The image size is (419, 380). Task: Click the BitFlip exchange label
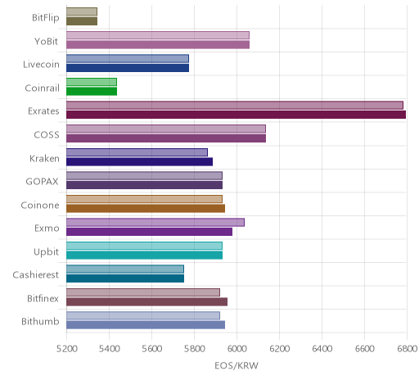(46, 18)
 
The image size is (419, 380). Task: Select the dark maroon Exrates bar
(236, 115)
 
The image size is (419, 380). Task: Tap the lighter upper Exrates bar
(235, 106)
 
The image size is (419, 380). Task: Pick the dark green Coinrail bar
(92, 92)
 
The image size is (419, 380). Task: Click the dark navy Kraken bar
(139, 161)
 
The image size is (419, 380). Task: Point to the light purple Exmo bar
(155, 223)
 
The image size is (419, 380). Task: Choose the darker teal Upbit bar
(144, 256)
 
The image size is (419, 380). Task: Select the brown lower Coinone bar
(146, 208)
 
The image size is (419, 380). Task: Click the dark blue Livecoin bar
(128, 68)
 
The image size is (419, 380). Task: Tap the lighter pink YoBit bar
(158, 35)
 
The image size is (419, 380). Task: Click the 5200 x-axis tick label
(67, 349)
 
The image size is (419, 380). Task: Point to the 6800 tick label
(407, 349)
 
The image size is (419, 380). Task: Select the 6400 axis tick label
(322, 349)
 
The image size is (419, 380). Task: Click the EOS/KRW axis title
(237, 365)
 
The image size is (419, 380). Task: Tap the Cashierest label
(36, 275)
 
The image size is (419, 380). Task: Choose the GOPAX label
(42, 182)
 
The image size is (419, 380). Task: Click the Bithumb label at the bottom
(40, 322)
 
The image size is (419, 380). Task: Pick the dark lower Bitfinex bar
(146, 302)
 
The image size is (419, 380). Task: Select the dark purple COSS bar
(166, 138)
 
